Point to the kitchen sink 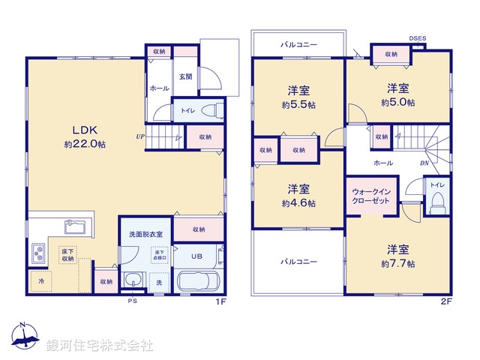coord(76,227)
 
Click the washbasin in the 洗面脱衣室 coord(133,282)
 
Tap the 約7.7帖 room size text coord(397,263)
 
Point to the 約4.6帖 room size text coord(298,202)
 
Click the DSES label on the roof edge coord(417,38)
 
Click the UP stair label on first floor coord(140,136)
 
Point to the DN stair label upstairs coord(423,162)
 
